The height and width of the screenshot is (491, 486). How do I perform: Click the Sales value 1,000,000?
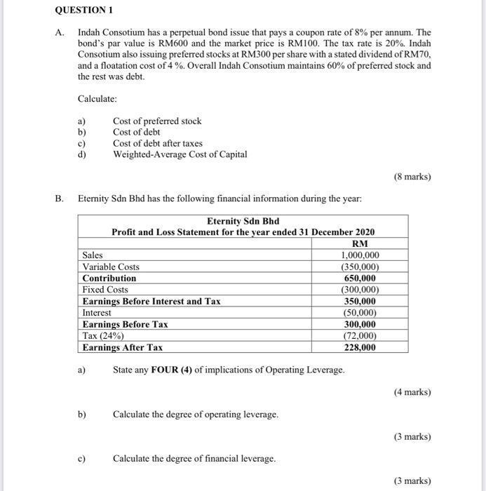(360, 255)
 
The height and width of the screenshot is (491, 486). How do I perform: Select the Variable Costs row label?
(111, 267)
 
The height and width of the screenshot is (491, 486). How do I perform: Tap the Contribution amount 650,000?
(360, 278)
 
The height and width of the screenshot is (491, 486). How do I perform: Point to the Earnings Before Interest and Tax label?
(151, 302)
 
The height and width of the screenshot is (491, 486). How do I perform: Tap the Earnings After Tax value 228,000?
(360, 347)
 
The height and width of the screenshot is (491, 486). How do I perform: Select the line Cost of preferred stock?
(157, 121)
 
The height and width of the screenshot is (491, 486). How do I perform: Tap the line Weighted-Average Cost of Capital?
(180, 154)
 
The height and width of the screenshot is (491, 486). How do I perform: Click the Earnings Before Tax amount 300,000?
(360, 325)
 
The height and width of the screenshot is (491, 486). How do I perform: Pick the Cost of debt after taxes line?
(158, 143)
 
